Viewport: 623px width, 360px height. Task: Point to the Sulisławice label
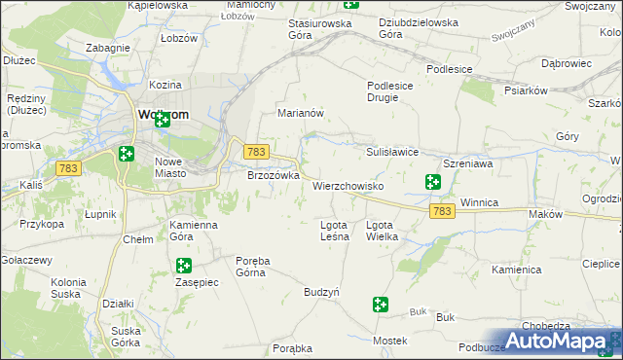391,152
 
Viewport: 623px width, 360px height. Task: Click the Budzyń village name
321,292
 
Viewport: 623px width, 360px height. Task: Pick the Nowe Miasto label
176,167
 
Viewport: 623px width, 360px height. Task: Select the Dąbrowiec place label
567,63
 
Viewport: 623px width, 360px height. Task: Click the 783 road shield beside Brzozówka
256,152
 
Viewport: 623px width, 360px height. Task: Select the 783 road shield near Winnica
442,210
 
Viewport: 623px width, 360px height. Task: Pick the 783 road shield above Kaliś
68,168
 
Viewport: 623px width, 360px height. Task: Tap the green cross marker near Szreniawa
432,181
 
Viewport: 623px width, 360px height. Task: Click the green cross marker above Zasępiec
183,266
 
